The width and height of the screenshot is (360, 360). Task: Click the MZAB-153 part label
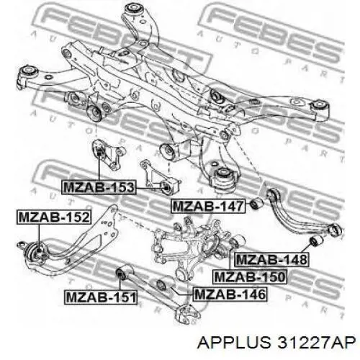(x=99, y=187)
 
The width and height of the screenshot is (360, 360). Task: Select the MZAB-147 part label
(x=208, y=206)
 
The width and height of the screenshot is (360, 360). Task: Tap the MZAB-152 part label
(x=54, y=217)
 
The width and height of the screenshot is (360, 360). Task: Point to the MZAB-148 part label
(x=271, y=259)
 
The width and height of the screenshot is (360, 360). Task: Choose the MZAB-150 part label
(x=250, y=276)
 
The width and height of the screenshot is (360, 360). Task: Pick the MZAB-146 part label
(x=230, y=294)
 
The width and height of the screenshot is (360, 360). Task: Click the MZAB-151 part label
(x=101, y=297)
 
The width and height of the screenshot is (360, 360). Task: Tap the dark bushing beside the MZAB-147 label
(x=256, y=203)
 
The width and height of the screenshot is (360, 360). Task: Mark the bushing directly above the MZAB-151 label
(x=124, y=271)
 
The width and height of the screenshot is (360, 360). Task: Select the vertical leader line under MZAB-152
(x=39, y=237)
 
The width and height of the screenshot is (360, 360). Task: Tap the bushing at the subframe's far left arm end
(x=29, y=71)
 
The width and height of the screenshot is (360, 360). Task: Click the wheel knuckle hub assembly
(x=189, y=247)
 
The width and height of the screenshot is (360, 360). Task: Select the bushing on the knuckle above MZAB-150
(x=237, y=240)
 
